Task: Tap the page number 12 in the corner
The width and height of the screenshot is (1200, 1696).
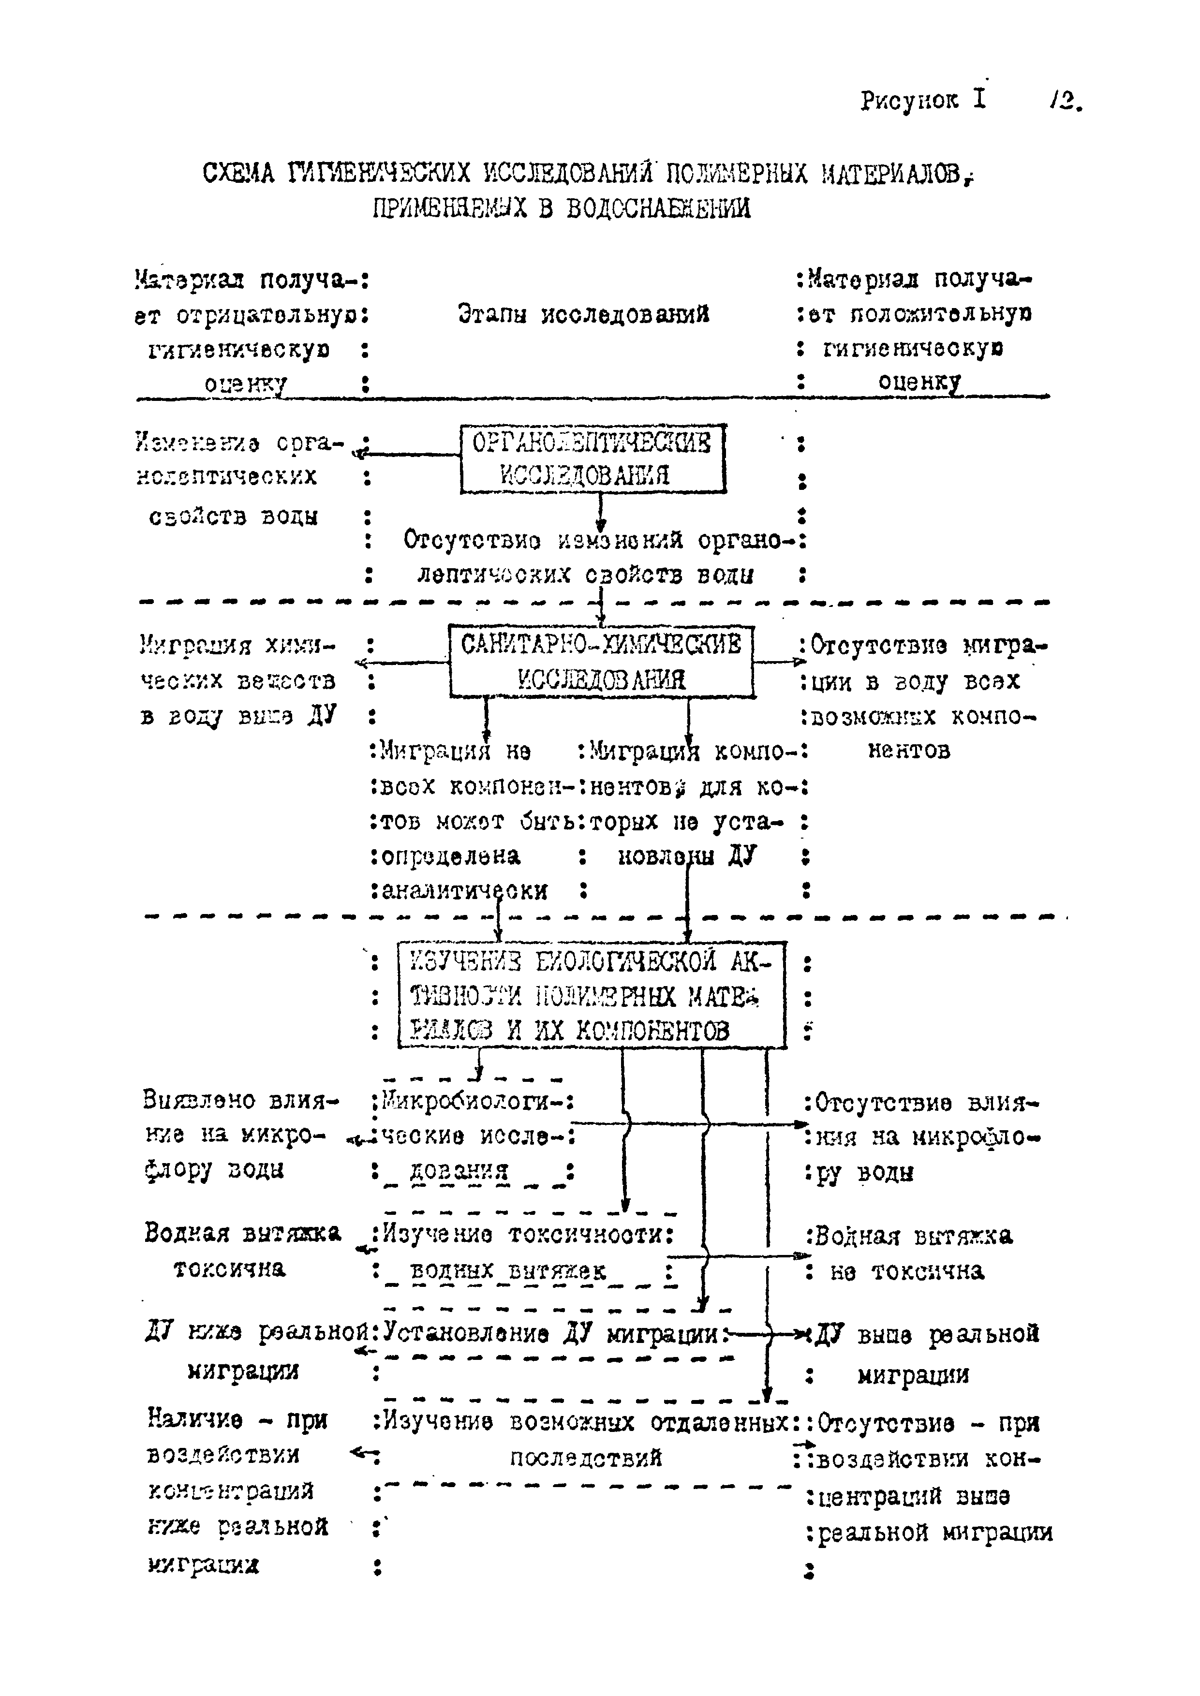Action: pyautogui.click(x=1065, y=100)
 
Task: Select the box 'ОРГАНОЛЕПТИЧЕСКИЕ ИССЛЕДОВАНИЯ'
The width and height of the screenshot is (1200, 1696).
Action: pyautogui.click(x=593, y=459)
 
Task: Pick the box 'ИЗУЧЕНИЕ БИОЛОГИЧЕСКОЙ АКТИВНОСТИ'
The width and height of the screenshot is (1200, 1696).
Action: pyautogui.click(x=591, y=995)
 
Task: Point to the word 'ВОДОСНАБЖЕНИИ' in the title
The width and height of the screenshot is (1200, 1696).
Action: pyautogui.click(x=658, y=209)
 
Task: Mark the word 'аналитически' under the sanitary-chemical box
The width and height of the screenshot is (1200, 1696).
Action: pyautogui.click(x=464, y=891)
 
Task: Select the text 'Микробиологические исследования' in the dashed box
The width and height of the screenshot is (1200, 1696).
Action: pyautogui.click(x=473, y=1136)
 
